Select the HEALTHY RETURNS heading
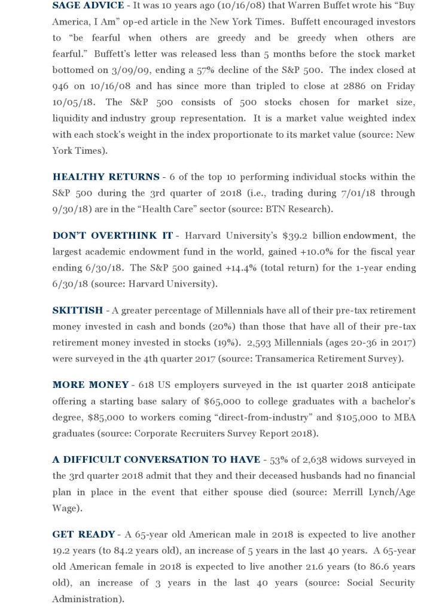[x=105, y=177]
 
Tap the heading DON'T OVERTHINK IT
[x=112, y=235]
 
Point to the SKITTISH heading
[x=78, y=310]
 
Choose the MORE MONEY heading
[x=90, y=384]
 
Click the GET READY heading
[x=84, y=534]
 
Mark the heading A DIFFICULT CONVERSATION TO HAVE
[x=156, y=459]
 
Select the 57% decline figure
[x=221, y=69]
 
